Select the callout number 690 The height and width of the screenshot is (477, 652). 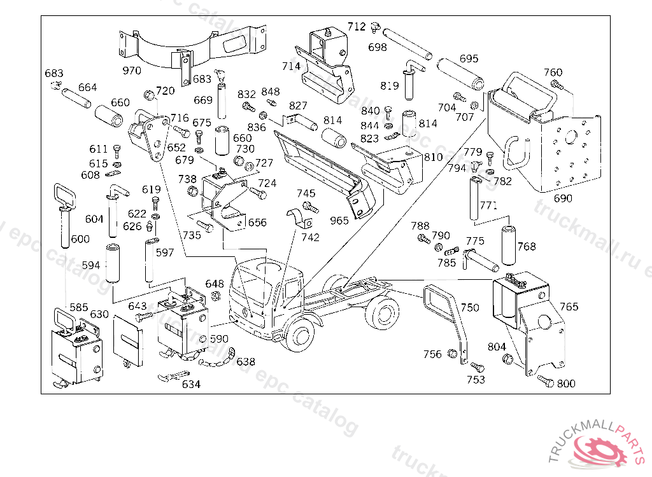point(563,198)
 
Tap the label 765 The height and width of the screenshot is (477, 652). point(569,307)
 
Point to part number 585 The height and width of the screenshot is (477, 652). point(79,307)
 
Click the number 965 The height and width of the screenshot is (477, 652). point(339,220)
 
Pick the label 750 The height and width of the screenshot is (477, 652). point(470,308)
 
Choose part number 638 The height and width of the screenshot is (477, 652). point(246,362)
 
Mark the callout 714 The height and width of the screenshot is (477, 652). point(291,66)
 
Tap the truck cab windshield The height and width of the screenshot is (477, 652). point(252,279)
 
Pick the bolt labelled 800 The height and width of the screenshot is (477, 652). point(545,380)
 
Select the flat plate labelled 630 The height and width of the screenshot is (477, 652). point(128,337)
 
